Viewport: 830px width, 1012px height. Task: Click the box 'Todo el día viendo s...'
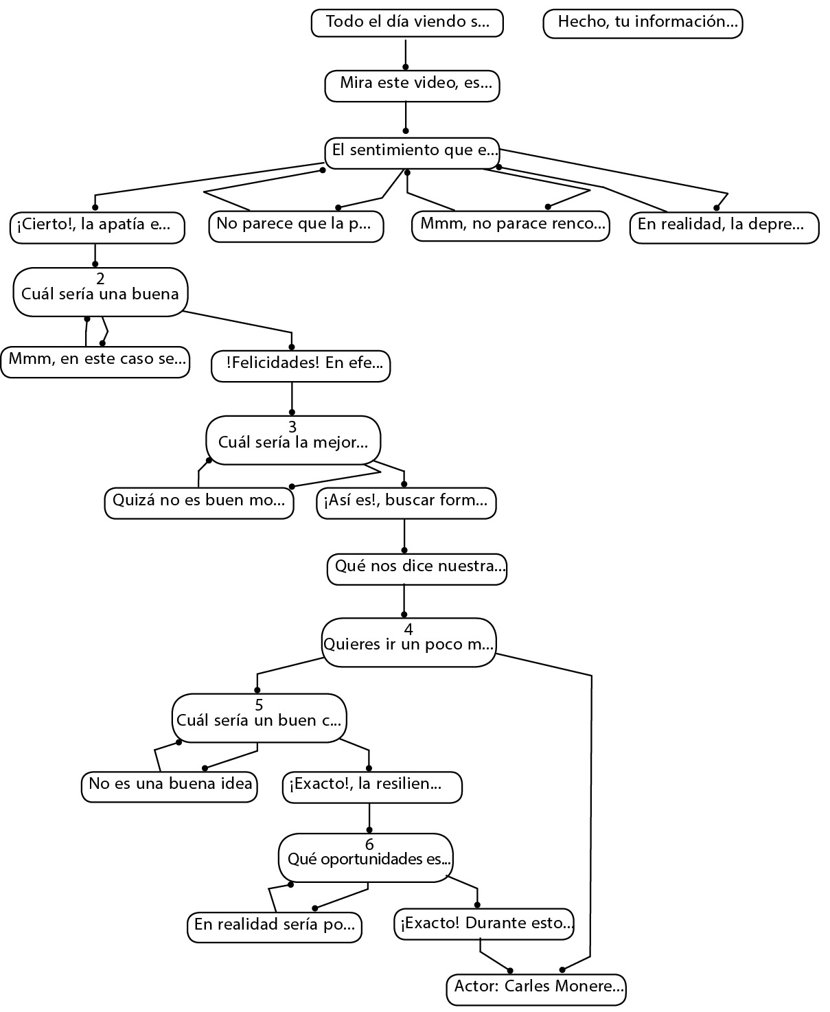pos(407,23)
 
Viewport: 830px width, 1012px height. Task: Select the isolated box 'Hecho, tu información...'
pos(643,23)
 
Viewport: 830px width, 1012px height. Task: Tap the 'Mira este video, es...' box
pos(412,85)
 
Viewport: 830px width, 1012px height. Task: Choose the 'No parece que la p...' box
pos(296,226)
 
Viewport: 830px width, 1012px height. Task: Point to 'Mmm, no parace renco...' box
pos(510,226)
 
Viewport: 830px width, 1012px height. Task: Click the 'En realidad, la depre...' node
pos(724,227)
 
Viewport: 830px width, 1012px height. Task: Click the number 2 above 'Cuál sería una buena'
pos(101,279)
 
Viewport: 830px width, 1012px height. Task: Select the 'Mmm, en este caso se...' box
pos(95,361)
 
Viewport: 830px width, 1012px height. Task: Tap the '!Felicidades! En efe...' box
pos(301,365)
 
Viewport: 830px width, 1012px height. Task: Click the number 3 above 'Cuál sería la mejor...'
pos(292,427)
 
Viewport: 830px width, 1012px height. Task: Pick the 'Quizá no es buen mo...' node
pos(199,502)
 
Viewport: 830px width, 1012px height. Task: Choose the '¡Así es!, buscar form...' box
pos(406,502)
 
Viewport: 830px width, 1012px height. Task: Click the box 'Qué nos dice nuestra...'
pos(417,568)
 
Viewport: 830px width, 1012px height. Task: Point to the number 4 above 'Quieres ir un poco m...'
pos(408,629)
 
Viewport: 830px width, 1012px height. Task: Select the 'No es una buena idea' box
pos(169,786)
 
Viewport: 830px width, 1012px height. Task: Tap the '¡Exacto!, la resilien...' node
pos(372,786)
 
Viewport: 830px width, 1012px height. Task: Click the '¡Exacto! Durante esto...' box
pos(484,924)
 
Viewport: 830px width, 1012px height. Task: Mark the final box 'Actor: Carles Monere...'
pos(536,989)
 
